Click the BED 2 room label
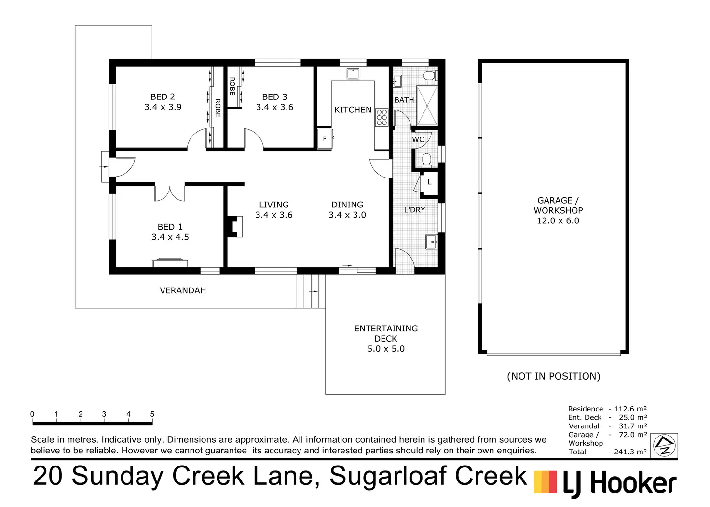[163, 97]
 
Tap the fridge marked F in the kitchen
[325, 139]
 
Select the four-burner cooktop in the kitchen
[382, 117]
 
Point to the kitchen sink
[353, 73]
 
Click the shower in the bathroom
[427, 106]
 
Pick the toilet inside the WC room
[426, 160]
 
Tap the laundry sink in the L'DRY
[432, 241]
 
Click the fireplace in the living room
[235, 226]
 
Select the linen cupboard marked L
[429, 182]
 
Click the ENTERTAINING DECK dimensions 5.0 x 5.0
[386, 349]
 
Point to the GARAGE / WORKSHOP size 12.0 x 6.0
[558, 220]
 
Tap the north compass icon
[664, 445]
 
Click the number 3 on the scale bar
[104, 414]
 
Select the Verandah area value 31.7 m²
[633, 426]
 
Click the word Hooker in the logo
[633, 483]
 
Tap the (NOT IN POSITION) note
[554, 376]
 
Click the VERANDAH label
[183, 290]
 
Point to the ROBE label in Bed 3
[232, 86]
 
